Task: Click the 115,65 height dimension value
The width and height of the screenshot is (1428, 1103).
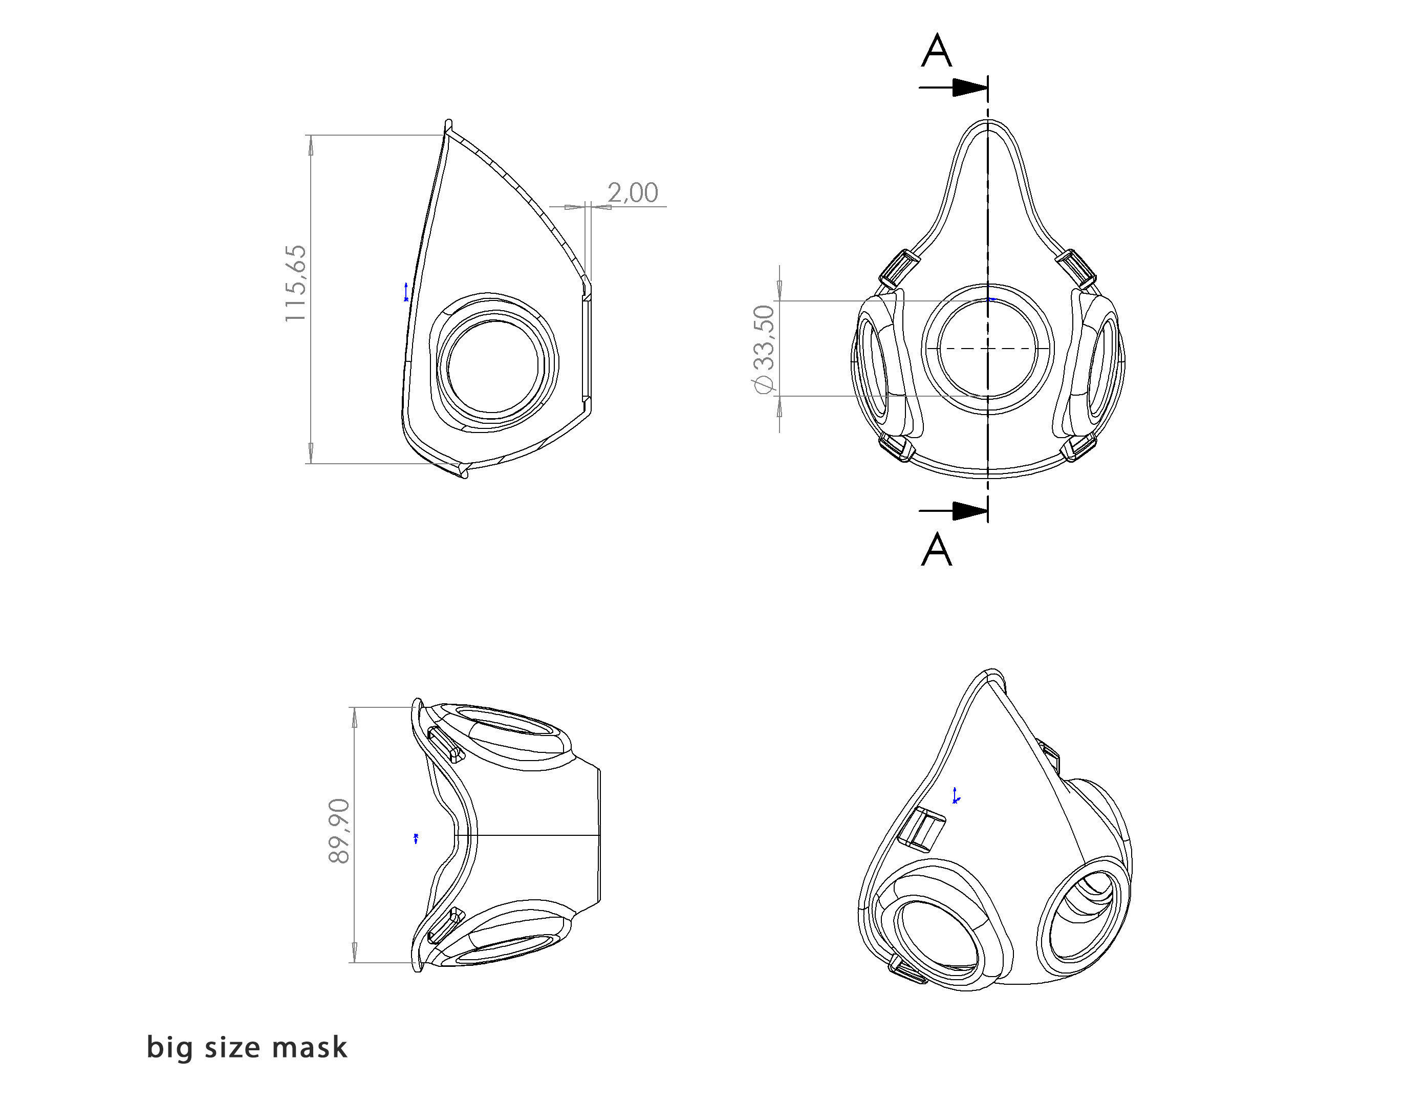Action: point(295,283)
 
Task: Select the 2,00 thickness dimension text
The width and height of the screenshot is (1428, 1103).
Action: point(632,192)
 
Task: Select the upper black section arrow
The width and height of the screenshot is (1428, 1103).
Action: point(968,88)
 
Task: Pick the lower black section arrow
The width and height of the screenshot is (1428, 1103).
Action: point(968,511)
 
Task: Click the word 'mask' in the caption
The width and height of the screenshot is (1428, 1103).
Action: point(310,1047)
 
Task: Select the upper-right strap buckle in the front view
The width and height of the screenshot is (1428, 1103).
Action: point(1077,268)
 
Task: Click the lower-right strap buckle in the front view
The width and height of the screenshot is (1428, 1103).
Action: point(1079,448)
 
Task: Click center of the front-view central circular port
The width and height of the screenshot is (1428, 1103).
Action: point(987,349)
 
